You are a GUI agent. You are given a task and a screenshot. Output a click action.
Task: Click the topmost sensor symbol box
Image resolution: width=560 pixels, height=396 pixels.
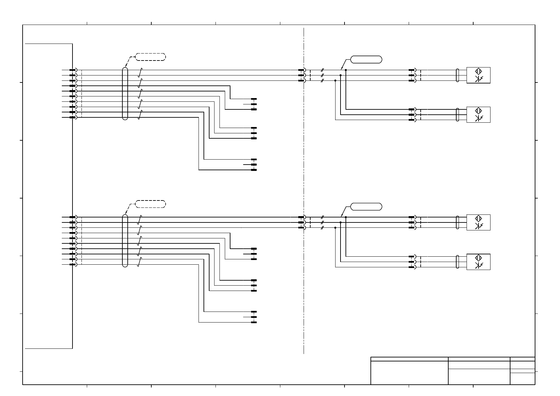click(x=478, y=75)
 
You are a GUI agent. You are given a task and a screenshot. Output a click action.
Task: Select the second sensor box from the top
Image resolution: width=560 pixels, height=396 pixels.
click(x=478, y=115)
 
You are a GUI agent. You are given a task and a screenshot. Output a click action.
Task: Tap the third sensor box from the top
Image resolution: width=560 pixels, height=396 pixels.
click(x=478, y=222)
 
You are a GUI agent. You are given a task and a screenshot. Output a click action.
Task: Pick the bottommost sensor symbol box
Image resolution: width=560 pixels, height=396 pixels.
click(x=478, y=262)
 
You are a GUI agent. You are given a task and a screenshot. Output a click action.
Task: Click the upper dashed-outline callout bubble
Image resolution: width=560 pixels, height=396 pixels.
click(x=150, y=57)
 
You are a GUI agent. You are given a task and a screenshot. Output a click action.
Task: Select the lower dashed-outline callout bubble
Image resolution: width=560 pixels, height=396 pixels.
click(x=150, y=204)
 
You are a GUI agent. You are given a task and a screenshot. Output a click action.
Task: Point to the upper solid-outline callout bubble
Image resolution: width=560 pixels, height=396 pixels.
click(x=366, y=60)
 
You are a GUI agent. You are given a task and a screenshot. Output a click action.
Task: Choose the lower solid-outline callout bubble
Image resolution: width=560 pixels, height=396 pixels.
click(x=366, y=206)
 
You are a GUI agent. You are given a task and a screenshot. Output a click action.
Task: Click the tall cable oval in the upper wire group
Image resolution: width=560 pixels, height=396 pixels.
click(x=125, y=93)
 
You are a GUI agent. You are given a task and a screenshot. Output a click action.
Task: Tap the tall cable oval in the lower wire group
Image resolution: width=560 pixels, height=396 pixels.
click(x=125, y=241)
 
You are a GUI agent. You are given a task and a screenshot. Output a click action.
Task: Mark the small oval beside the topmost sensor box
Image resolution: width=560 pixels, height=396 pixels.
click(x=458, y=75)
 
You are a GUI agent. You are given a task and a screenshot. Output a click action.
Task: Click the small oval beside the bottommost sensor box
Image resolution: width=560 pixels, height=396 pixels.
click(x=458, y=262)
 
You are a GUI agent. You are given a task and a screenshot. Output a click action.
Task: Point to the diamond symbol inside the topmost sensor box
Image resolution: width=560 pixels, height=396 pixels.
click(x=479, y=71)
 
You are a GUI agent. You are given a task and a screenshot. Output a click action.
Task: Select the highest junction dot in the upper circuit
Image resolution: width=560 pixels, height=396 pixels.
click(x=346, y=70)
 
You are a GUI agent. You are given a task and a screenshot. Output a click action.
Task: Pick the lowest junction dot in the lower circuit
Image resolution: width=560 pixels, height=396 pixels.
click(x=335, y=228)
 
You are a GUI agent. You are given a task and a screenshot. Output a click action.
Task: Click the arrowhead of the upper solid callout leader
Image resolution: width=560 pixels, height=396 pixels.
click(x=342, y=69)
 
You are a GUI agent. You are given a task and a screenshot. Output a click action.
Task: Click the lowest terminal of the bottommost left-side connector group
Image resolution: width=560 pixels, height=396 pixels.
click(x=254, y=322)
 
